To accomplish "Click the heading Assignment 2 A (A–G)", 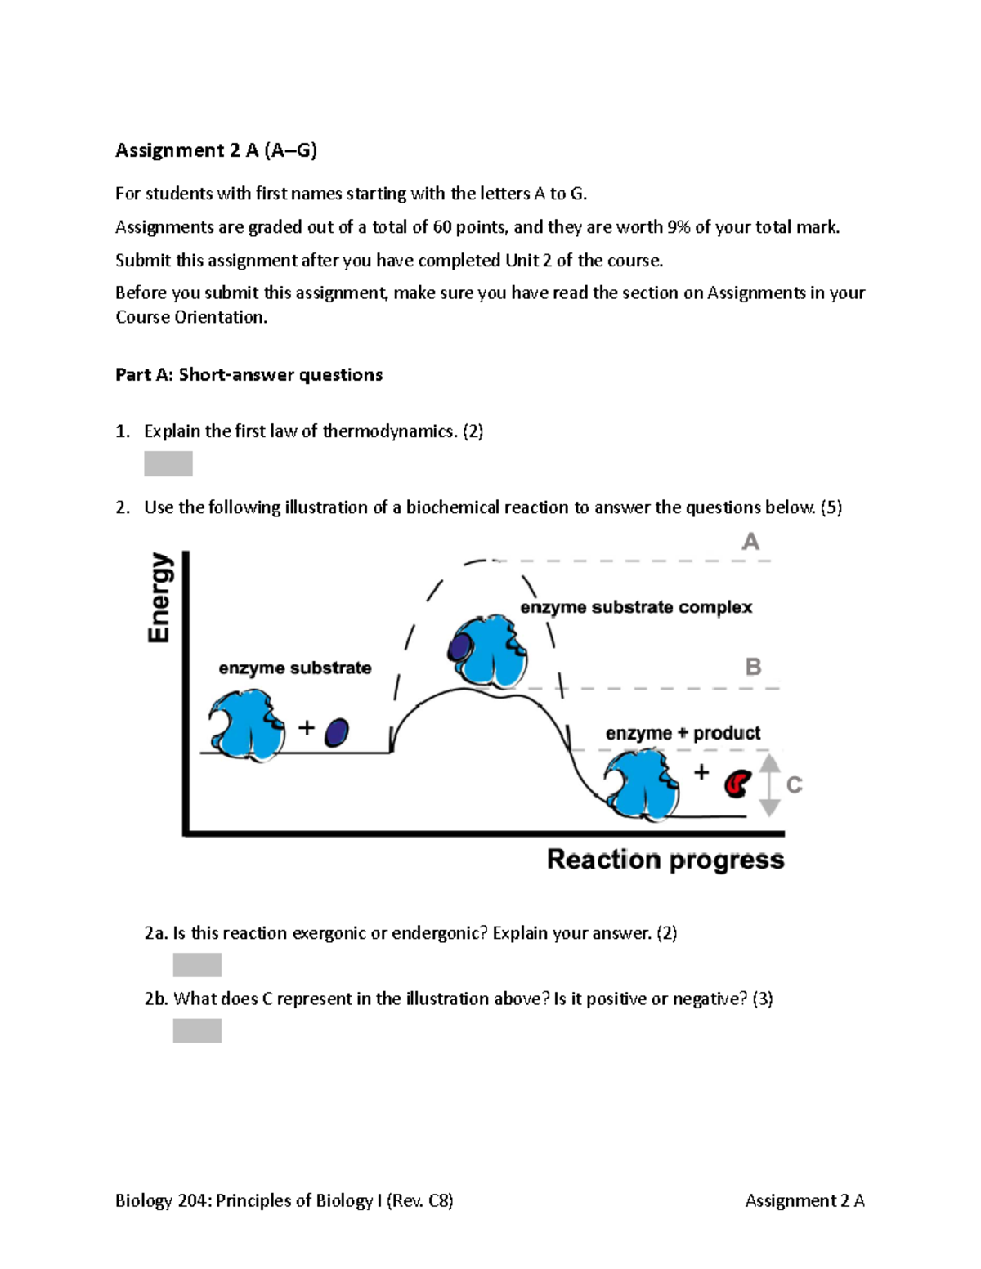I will (x=216, y=150).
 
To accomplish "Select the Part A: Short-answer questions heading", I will (x=249, y=375).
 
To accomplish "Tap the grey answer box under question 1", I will (x=168, y=463).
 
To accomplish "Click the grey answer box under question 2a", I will (x=197, y=964).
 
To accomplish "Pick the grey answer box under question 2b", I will (x=197, y=1030).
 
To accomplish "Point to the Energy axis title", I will (x=160, y=597).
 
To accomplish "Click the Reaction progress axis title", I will (x=665, y=860).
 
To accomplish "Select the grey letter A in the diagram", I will (x=750, y=542).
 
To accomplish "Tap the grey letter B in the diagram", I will (x=753, y=667).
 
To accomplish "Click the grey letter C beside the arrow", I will (x=794, y=785).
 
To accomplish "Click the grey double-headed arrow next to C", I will (x=769, y=785).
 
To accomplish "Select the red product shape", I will (x=737, y=784).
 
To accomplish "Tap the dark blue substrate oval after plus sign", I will (x=336, y=732).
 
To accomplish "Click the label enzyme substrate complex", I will (x=636, y=607).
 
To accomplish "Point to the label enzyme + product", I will (x=683, y=733).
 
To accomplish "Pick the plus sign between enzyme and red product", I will (x=701, y=771).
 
